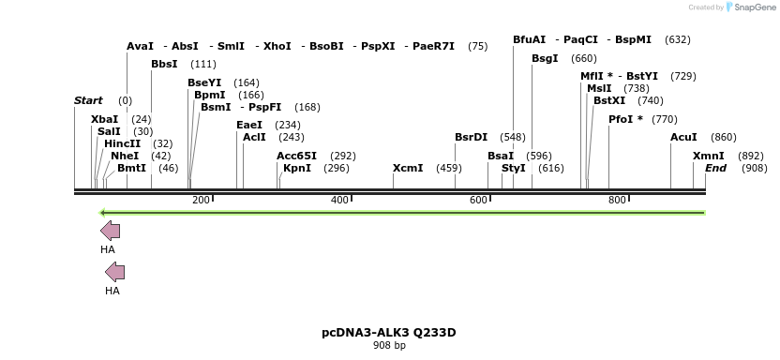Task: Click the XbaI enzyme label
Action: point(105,119)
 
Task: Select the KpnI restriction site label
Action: point(297,169)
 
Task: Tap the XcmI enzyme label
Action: point(408,169)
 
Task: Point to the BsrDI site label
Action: point(471,137)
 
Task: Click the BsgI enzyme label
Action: point(545,58)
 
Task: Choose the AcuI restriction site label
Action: point(683,137)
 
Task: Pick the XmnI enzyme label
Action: point(709,156)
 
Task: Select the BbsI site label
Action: point(164,65)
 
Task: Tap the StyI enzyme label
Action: point(514,169)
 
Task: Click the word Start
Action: point(88,100)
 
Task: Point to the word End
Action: point(716,169)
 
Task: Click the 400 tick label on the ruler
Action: point(339,200)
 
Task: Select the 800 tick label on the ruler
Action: point(617,200)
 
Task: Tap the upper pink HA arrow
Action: point(110,231)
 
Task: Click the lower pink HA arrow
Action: point(114,272)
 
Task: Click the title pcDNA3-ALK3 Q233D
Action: point(389,332)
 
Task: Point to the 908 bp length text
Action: point(389,346)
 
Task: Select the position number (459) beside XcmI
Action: point(448,169)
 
